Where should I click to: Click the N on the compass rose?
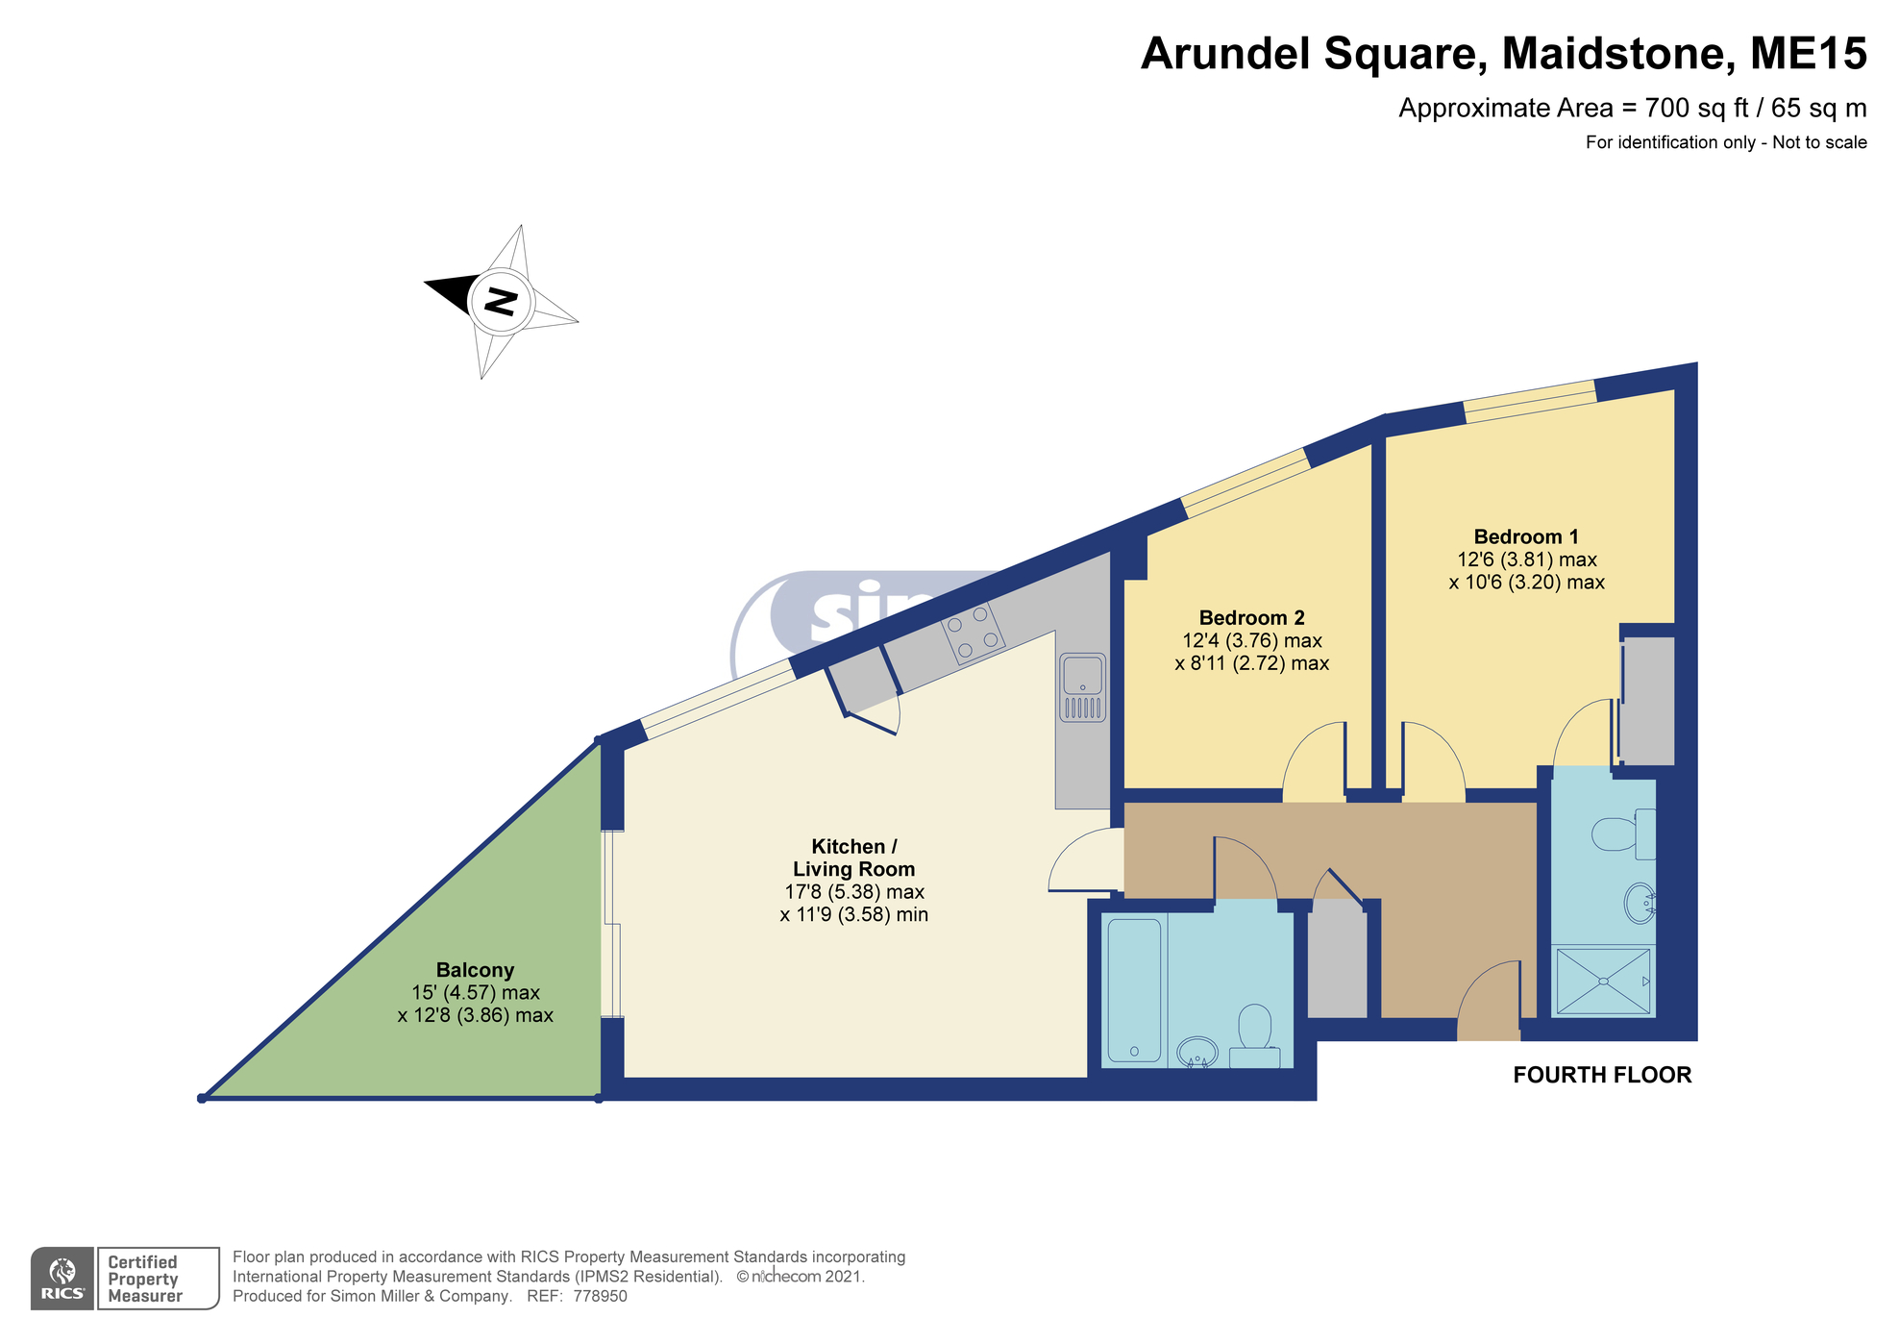click(x=500, y=301)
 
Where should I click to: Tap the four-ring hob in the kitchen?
click(x=974, y=634)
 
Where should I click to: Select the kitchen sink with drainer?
click(x=1082, y=687)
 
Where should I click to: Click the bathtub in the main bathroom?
click(x=1134, y=989)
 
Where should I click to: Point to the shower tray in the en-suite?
click(x=1602, y=982)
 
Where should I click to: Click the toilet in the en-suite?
click(x=1616, y=833)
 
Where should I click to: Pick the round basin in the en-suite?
click(x=1638, y=904)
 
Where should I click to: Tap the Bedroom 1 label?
click(x=1525, y=536)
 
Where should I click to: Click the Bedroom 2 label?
click(x=1251, y=618)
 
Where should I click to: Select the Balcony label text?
click(x=475, y=970)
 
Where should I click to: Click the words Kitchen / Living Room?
click(x=853, y=858)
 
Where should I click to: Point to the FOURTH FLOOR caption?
click(x=1601, y=1075)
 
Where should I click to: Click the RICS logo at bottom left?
click(x=62, y=1279)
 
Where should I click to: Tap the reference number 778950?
click(x=600, y=1296)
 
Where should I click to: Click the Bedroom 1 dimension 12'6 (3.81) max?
click(x=1526, y=560)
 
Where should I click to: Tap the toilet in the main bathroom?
click(x=1254, y=1029)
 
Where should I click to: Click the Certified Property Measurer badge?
click(x=157, y=1279)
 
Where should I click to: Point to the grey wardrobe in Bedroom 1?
click(x=1647, y=699)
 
